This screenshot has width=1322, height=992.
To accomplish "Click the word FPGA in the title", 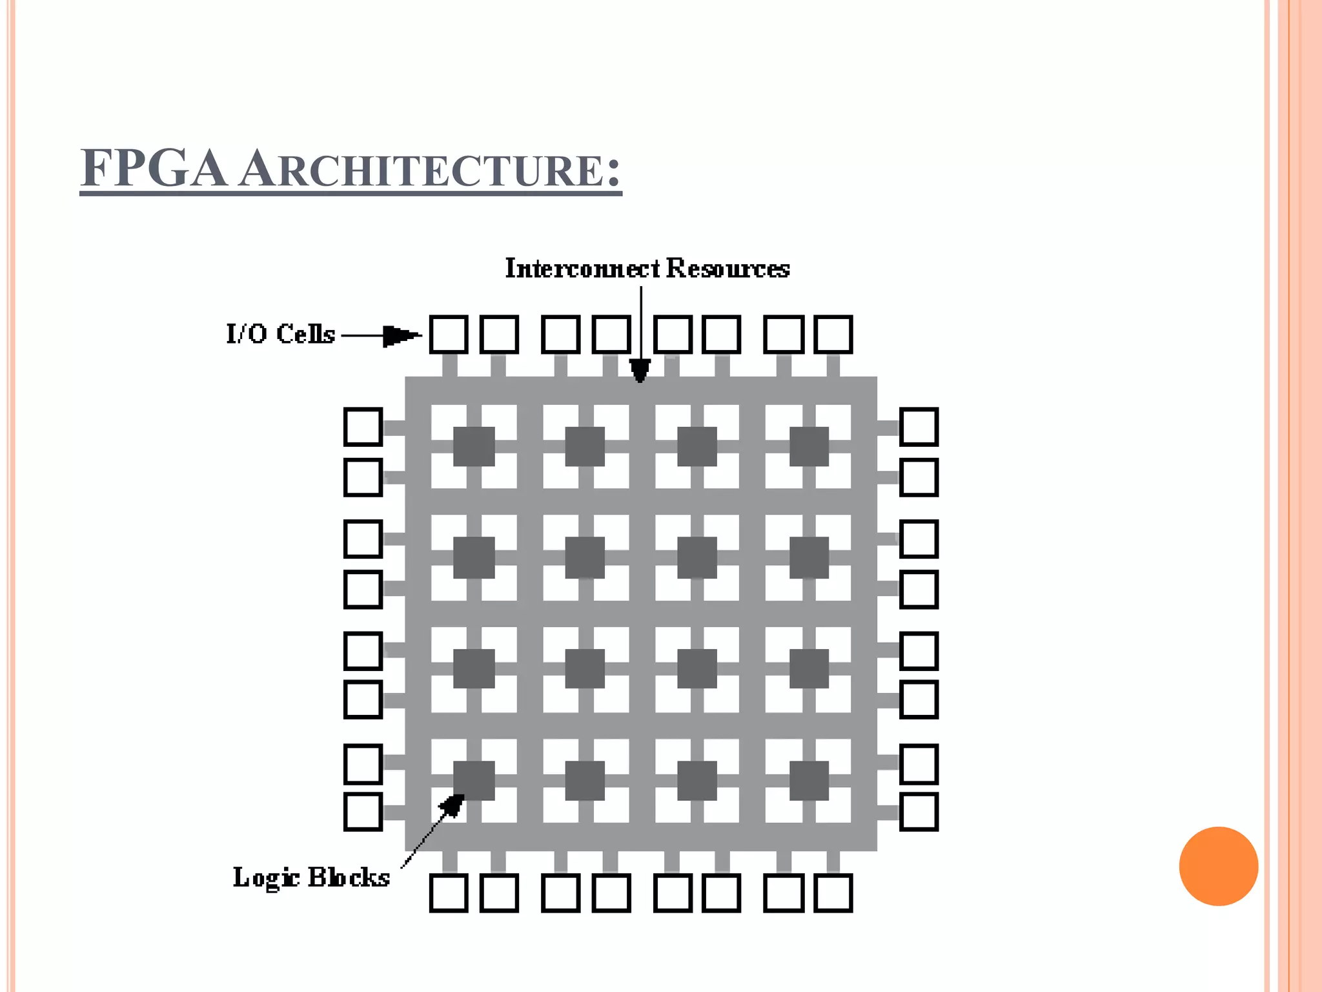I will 154,169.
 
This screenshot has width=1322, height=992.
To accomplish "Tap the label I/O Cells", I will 281,334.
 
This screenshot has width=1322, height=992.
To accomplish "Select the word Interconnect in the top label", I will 582,268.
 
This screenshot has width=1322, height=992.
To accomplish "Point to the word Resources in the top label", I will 727,268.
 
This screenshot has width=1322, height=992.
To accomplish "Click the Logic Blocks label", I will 311,877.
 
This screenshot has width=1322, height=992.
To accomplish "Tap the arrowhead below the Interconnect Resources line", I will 640,371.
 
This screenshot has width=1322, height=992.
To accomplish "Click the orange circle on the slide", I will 1218,866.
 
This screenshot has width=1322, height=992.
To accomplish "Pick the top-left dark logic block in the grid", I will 474,446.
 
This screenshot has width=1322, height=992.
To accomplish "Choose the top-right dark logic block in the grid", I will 809,446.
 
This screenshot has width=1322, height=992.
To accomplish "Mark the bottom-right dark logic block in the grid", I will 809,780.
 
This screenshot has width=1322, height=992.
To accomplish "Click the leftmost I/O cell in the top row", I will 449,335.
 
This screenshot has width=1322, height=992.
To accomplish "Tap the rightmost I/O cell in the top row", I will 833,335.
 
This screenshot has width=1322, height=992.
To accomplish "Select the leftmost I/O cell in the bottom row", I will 449,893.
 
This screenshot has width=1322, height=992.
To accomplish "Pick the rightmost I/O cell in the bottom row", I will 833,893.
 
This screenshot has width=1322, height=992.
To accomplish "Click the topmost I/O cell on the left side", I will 363,426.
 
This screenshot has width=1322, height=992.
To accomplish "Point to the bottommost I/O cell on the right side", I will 919,811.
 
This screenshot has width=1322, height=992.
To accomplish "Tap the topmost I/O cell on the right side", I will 919,426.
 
